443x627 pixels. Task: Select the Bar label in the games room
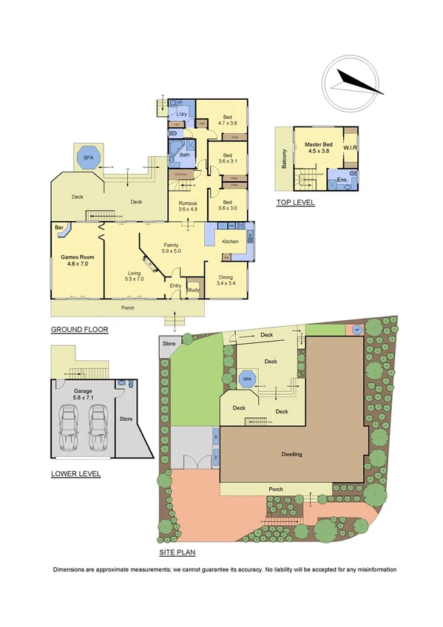(58, 227)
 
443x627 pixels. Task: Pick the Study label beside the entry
(194, 289)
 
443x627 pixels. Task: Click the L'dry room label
(180, 115)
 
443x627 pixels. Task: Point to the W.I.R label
(349, 148)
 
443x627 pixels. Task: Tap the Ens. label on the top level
(342, 180)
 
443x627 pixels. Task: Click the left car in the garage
(72, 430)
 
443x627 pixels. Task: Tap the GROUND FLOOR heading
(80, 330)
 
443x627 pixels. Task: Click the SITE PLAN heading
(177, 552)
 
